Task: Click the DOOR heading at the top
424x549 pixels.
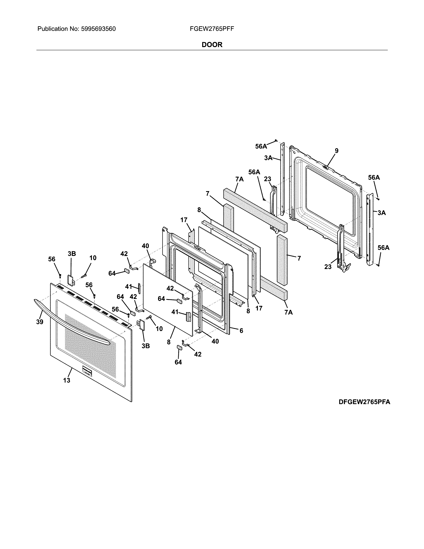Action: coord(212,45)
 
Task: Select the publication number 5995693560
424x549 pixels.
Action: coord(98,29)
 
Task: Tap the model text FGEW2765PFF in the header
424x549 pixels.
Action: coord(212,29)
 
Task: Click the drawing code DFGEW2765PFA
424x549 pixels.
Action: coord(364,402)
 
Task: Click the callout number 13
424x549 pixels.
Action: coord(67,380)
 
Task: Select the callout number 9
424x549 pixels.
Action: coord(336,151)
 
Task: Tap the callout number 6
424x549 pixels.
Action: coord(241,331)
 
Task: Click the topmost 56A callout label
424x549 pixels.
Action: coord(261,146)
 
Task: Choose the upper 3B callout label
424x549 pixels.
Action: coord(72,254)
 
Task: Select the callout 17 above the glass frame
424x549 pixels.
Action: coord(184,220)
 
